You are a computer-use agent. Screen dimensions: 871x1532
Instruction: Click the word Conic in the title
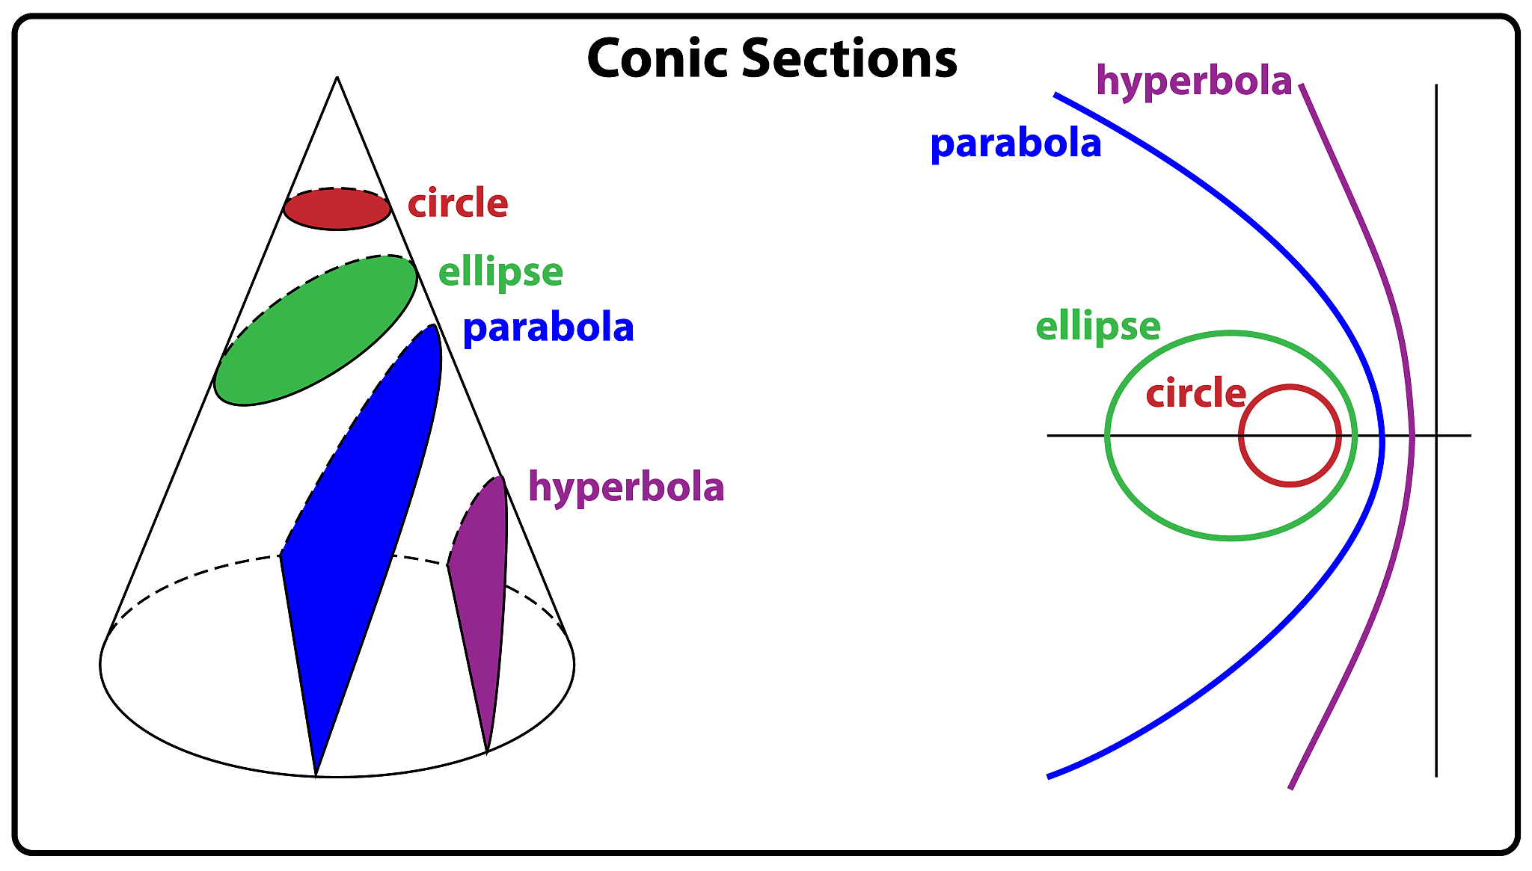[658, 58]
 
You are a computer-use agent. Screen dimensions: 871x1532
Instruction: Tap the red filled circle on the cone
[337, 209]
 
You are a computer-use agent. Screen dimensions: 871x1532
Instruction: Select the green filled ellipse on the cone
[315, 330]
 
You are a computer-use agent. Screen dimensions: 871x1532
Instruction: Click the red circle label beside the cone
[458, 203]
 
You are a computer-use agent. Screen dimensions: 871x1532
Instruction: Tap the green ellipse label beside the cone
[500, 272]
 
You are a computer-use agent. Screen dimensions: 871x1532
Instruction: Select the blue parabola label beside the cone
[548, 328]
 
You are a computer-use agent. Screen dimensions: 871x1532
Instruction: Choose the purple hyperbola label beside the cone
[626, 487]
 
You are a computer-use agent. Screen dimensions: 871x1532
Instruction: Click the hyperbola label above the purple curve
[1194, 81]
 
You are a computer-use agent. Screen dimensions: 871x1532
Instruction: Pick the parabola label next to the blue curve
[1015, 143]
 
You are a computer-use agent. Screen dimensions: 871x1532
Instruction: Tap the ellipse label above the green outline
[1097, 327]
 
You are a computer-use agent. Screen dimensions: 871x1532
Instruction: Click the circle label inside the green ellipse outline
[1195, 393]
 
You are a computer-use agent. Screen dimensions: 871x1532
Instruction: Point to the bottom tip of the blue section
[316, 775]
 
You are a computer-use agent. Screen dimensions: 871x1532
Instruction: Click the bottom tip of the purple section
[487, 751]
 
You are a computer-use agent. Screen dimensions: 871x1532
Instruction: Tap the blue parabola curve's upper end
[1056, 95]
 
